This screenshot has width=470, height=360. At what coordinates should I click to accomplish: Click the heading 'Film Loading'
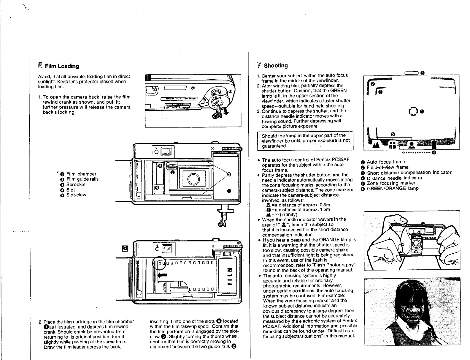(x=62, y=66)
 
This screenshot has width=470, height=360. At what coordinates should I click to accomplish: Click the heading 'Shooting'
(x=276, y=65)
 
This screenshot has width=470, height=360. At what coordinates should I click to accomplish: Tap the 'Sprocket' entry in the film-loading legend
(x=76, y=184)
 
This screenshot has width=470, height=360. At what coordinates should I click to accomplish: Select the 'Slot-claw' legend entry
(x=76, y=195)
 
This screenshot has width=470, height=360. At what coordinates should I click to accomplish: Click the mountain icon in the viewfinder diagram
(x=376, y=145)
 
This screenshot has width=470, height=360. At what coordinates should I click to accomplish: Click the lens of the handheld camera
(x=416, y=244)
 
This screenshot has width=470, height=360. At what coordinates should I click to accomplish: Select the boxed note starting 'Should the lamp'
(x=305, y=141)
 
